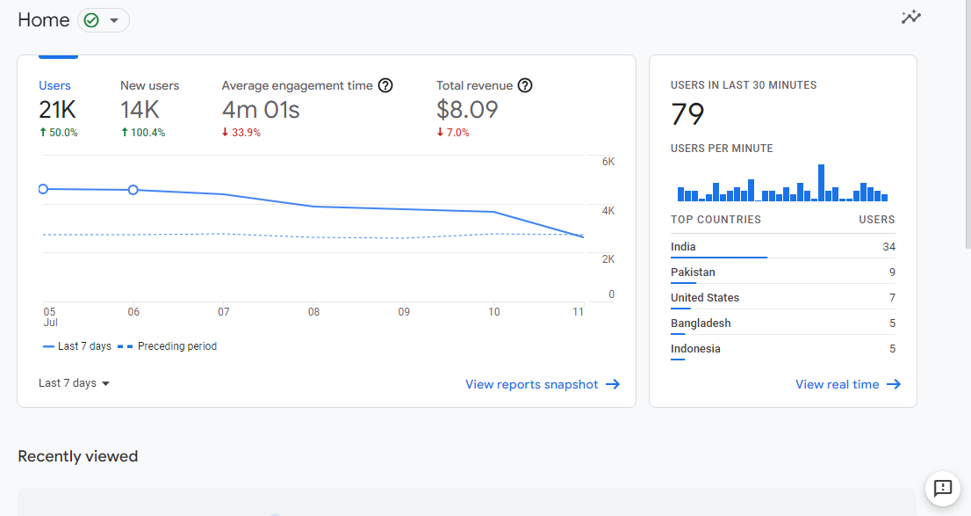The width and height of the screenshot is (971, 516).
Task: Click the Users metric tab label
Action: tap(54, 85)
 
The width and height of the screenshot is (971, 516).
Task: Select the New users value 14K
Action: tap(140, 110)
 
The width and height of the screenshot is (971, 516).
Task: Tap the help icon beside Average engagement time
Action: tap(385, 85)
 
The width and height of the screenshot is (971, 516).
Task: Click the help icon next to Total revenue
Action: tap(525, 85)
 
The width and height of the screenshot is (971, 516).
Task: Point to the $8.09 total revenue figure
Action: tap(467, 110)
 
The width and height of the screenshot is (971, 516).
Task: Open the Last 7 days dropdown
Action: tap(75, 383)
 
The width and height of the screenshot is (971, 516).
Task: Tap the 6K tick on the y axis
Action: tap(608, 162)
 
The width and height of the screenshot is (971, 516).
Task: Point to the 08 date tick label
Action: tap(313, 312)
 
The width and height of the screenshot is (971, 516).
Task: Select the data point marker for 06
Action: tap(133, 190)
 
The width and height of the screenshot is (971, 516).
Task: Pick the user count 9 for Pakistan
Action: tap(892, 273)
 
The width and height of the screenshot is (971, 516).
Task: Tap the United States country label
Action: tap(705, 298)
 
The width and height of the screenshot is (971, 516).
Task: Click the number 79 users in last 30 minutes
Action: tap(687, 114)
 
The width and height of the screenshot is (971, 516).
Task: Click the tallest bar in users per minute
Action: tap(821, 183)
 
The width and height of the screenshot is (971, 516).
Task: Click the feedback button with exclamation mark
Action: tap(943, 488)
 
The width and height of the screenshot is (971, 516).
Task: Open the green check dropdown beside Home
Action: tap(104, 20)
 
